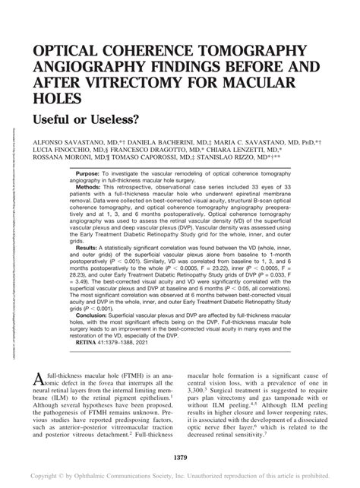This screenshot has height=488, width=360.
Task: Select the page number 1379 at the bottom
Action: click(x=179, y=457)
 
